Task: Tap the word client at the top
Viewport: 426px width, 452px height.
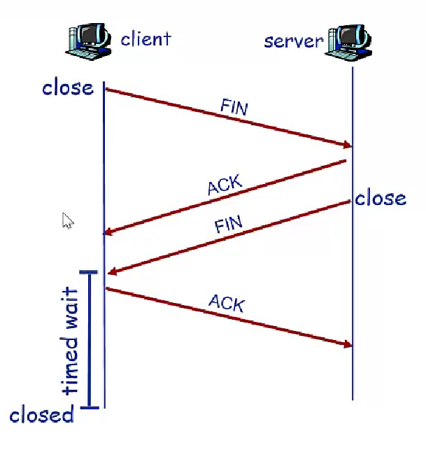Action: [x=145, y=38]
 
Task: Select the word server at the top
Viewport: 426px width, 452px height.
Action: [x=294, y=40]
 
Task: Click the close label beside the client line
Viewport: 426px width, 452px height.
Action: [x=68, y=87]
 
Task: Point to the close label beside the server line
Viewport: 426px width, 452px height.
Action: [x=381, y=198]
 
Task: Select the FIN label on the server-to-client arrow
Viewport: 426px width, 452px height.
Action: [x=228, y=225]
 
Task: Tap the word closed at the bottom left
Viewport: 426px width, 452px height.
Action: [x=42, y=415]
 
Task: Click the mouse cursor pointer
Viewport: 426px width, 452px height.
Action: [x=68, y=221]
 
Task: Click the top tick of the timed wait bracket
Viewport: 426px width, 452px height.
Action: [x=89, y=272]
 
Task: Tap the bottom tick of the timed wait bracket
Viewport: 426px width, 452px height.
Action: [x=89, y=406]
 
